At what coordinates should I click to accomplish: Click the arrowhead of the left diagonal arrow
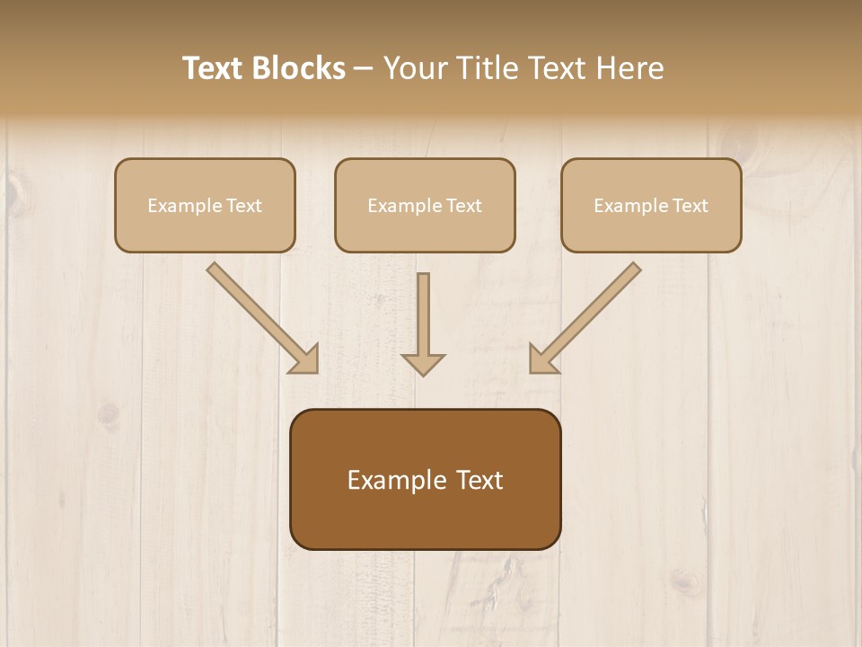(305, 359)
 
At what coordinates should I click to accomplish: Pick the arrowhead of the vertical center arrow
(423, 364)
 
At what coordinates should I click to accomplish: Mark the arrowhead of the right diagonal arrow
(542, 359)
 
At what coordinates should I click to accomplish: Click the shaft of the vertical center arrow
(423, 310)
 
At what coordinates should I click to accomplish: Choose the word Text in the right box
(690, 206)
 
